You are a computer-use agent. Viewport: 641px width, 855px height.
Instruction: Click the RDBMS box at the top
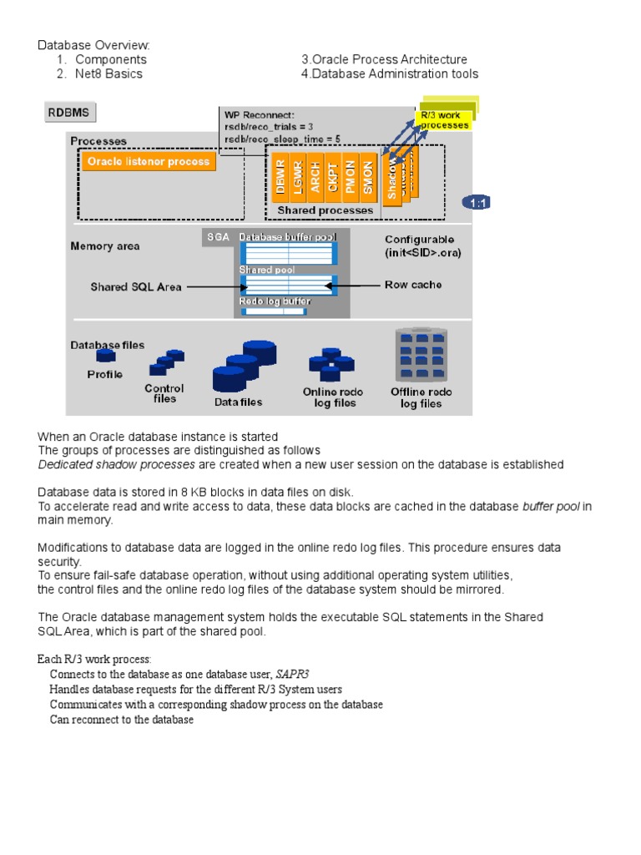point(72,113)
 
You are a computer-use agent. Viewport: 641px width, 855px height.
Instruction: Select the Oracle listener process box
point(149,161)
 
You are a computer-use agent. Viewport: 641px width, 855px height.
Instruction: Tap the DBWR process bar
point(281,176)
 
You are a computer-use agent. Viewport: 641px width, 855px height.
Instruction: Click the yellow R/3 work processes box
point(444,119)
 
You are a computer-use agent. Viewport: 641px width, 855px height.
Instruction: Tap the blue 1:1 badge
point(478,203)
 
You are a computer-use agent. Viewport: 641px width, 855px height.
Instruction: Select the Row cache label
point(413,285)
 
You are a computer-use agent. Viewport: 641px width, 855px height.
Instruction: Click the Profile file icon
point(105,357)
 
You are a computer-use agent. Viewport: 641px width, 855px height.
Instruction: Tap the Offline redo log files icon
point(421,356)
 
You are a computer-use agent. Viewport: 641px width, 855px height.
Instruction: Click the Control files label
point(164,393)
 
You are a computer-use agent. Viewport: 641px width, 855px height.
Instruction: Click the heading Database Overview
point(93,45)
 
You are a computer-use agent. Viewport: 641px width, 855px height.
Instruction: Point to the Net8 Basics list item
point(109,73)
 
